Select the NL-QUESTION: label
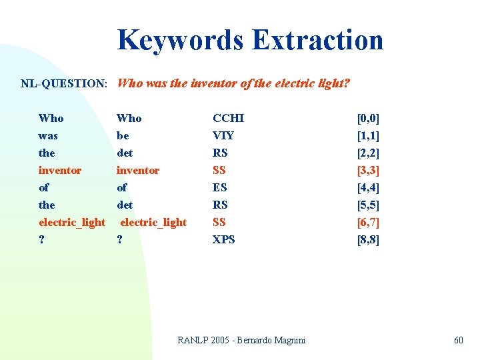64,84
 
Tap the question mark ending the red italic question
347,83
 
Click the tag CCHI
228,118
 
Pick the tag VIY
223,135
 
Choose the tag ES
220,187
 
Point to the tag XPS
223,239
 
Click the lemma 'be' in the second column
123,135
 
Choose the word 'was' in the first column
48,135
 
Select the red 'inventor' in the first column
60,170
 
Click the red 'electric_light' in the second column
153,222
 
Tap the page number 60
458,340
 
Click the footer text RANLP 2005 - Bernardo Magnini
241,340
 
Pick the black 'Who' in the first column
51,118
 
